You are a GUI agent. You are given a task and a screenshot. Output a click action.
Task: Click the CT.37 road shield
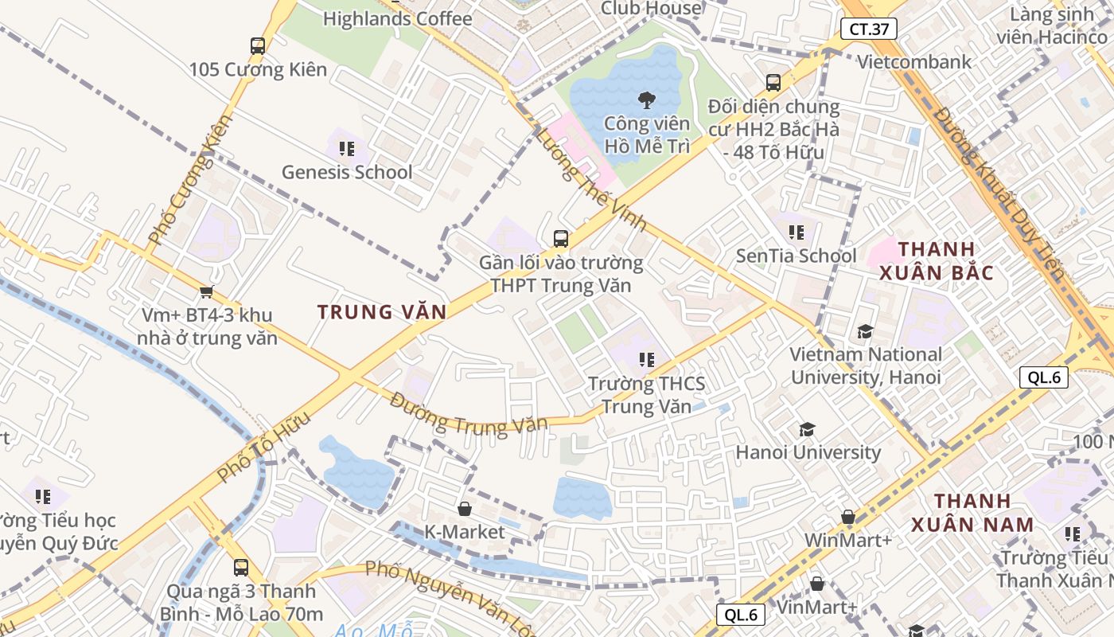pos(868,29)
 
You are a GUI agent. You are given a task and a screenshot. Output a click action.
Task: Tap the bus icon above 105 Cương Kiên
pos(257,46)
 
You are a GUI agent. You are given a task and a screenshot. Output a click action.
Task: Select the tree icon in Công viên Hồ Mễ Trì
pos(646,100)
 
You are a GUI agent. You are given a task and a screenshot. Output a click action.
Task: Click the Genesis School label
pos(347,172)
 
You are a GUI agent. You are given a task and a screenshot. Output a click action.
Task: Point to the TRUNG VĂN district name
pos(382,312)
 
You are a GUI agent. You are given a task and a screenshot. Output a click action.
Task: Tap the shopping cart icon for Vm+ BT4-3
pos(207,292)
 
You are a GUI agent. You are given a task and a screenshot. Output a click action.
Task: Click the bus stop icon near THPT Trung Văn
pos(561,238)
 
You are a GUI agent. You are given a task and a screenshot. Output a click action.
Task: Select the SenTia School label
pos(796,256)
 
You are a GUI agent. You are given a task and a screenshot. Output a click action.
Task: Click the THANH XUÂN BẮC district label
pos(936,261)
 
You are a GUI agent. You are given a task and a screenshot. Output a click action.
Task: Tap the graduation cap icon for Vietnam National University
pos(865,331)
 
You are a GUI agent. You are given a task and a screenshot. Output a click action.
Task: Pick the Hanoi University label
pos(808,452)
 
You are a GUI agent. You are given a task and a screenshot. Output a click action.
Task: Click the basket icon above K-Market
pos(465,508)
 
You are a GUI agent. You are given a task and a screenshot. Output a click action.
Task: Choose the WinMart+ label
pos(847,540)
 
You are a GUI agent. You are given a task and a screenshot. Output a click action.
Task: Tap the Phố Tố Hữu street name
pos(263,447)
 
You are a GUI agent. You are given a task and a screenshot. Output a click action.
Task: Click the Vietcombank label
pos(914,62)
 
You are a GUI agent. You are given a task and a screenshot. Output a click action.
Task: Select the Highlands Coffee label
pos(397,18)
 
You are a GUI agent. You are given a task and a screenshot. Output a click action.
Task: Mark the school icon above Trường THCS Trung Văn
pos(646,360)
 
